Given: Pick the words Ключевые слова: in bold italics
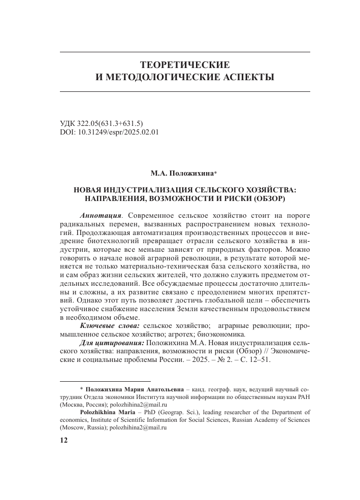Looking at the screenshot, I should tap(110, 324).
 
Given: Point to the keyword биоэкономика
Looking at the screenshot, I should tap(225, 333).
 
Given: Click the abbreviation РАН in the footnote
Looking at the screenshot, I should tap(303, 396).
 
